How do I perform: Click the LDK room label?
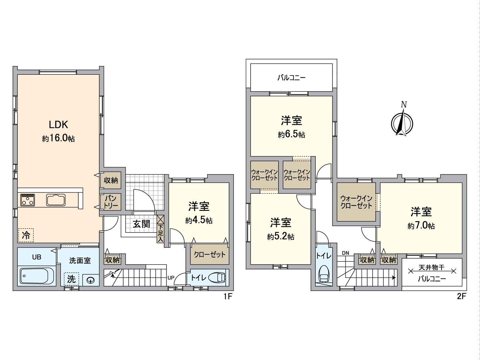coord(58,124)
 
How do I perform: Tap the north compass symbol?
coord(402,123)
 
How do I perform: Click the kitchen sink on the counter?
coord(56,200)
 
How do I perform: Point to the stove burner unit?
coord(28,200)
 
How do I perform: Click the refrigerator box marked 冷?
coord(26,235)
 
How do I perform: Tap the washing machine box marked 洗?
coord(71,279)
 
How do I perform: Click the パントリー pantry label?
coord(110,202)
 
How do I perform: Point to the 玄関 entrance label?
coord(141,224)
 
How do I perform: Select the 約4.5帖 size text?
coord(199,220)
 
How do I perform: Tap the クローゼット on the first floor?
coord(209,255)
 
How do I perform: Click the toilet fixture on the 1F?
coord(217,277)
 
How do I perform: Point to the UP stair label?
coord(170,278)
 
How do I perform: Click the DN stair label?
coord(345,253)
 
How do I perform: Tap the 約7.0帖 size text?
coord(421,226)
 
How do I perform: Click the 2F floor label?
coord(461,296)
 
